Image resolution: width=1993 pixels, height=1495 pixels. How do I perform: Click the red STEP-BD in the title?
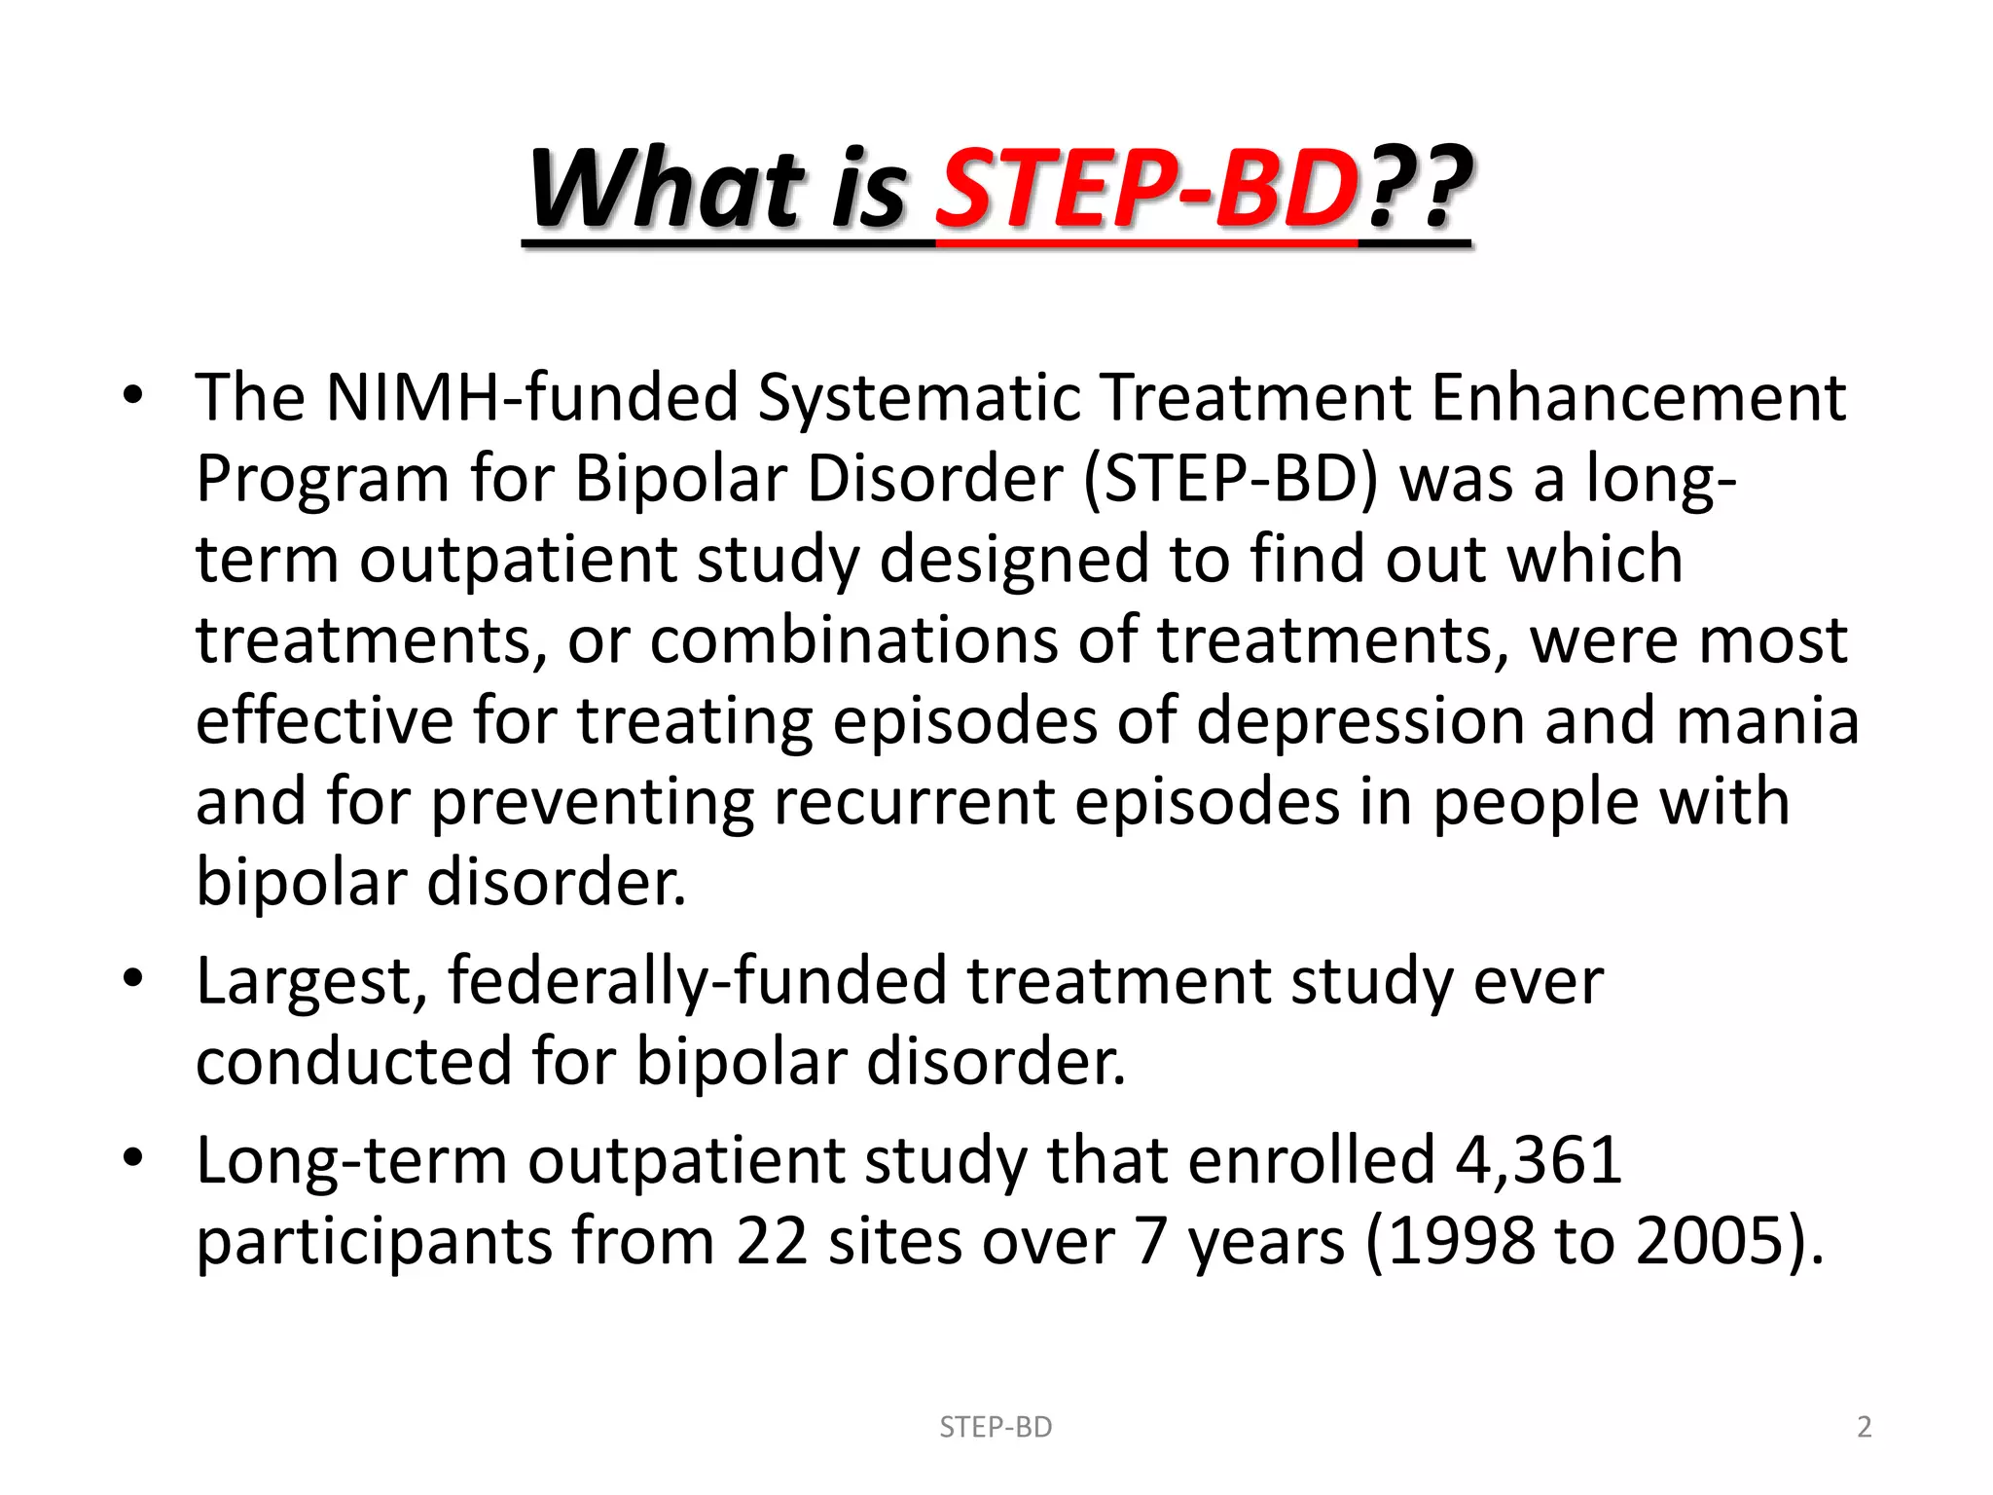pyautogui.click(x=1146, y=189)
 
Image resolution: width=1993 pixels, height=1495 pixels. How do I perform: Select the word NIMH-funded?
pyautogui.click(x=531, y=398)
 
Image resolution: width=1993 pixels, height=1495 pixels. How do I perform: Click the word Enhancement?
pyautogui.click(x=1638, y=398)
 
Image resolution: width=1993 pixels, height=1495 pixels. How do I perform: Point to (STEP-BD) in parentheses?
pyautogui.click(x=1230, y=480)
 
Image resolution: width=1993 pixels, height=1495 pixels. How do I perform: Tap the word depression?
pyautogui.click(x=1359, y=722)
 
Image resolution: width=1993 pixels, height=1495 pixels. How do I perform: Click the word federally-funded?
pyautogui.click(x=697, y=981)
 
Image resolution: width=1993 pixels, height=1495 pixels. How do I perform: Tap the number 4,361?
pyautogui.click(x=1539, y=1160)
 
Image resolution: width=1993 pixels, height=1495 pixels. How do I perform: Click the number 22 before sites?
pyautogui.click(x=772, y=1242)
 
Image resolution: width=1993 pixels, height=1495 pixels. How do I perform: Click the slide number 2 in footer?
pyautogui.click(x=1864, y=1427)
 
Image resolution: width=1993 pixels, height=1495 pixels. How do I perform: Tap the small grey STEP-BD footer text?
pyautogui.click(x=996, y=1427)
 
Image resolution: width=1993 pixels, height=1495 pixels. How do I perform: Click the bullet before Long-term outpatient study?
pyautogui.click(x=133, y=1158)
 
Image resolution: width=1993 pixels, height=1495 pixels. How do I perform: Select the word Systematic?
pyautogui.click(x=919, y=398)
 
